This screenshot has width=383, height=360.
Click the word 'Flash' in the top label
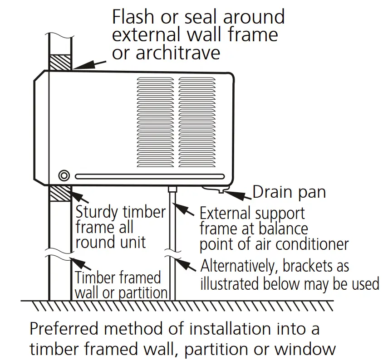[x=135, y=17]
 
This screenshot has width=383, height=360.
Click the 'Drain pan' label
[x=289, y=192]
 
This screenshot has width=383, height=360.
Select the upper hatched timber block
[x=59, y=62]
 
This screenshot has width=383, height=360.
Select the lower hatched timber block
[x=59, y=194]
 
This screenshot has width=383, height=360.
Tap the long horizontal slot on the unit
[x=149, y=176]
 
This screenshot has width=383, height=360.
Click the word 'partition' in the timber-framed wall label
[x=143, y=292]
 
